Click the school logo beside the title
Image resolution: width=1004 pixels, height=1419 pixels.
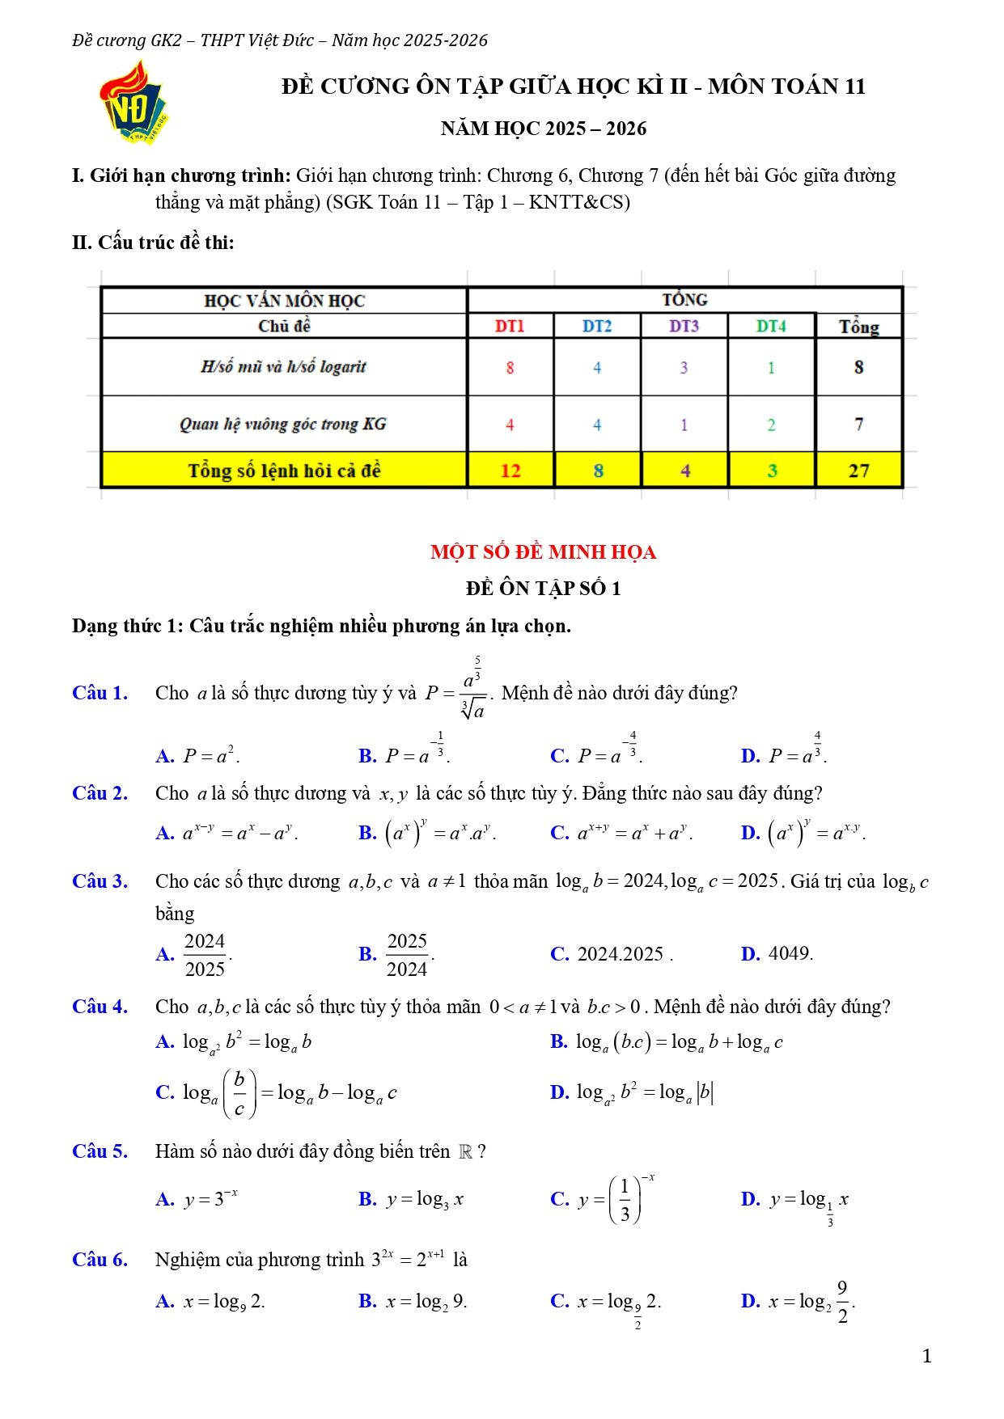pos(134,103)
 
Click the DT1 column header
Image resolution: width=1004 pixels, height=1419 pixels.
pos(510,326)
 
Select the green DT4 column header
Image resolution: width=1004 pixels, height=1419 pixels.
pos(771,326)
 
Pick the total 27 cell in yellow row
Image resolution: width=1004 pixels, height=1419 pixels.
pos(858,471)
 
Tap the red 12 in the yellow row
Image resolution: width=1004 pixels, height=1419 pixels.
pos(510,471)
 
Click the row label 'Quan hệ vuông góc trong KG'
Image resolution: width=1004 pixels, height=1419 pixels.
pos(283,424)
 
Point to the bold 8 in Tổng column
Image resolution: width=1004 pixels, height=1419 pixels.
pos(858,367)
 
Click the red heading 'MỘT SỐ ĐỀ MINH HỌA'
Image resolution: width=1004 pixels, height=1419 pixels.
pos(543,552)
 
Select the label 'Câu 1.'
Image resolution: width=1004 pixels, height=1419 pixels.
pos(100,693)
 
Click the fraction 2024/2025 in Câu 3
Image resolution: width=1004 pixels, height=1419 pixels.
pos(205,955)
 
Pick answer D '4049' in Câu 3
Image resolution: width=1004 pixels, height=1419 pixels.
pos(790,954)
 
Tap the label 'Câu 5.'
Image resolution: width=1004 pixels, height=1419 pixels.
pos(100,1151)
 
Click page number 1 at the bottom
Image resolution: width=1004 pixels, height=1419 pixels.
pos(926,1356)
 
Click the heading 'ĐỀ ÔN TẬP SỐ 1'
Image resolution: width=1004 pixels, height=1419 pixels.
pos(543,589)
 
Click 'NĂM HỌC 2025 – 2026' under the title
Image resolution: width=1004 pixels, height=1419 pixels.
pos(543,129)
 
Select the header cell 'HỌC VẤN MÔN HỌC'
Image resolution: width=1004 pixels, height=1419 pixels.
pos(284,301)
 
